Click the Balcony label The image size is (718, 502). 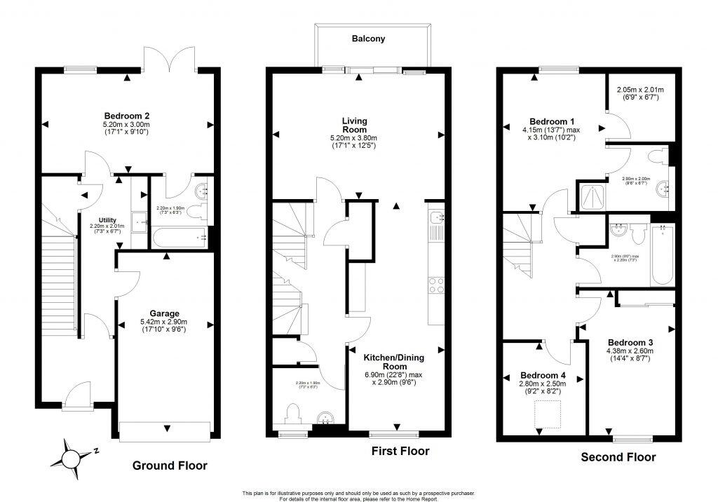[x=368, y=39]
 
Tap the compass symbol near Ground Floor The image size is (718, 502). [x=72, y=459]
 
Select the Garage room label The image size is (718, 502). [x=164, y=313]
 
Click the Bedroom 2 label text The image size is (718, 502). [x=126, y=116]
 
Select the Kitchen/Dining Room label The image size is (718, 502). [x=394, y=361]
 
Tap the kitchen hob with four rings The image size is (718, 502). [x=435, y=285]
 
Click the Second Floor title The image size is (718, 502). [x=618, y=457]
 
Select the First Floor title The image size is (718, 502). [x=400, y=451]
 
